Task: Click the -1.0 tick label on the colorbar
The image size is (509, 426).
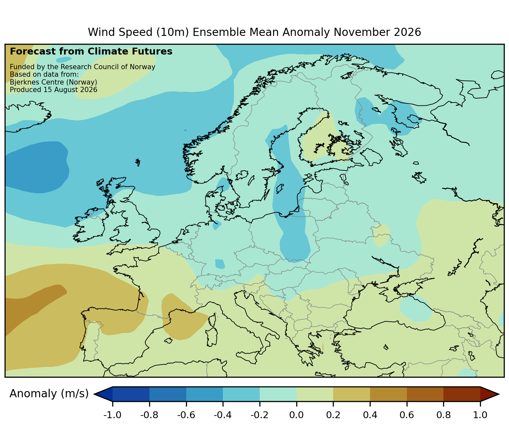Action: pos(112,415)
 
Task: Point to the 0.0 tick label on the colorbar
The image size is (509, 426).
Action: pos(297,415)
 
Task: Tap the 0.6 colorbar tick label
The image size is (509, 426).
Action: pos(407,415)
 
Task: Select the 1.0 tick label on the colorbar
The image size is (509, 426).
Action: pos(480,415)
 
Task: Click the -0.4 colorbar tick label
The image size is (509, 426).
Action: pos(223,415)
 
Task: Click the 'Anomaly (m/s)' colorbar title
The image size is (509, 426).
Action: pos(49,394)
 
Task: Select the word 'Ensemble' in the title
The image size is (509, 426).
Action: pos(236,32)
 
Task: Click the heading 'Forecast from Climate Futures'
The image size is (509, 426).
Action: pos(91,52)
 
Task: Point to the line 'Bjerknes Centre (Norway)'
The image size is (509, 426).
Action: pos(54,82)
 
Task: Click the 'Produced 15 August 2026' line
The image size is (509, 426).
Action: pos(54,90)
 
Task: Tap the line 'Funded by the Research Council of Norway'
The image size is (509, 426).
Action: pos(83,67)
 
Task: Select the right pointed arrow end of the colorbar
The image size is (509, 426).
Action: pos(489,394)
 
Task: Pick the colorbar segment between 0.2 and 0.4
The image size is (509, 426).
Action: pos(351,394)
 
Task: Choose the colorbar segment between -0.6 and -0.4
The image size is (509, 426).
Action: pos(205,394)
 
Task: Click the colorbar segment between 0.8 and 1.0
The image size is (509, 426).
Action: pos(462,394)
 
